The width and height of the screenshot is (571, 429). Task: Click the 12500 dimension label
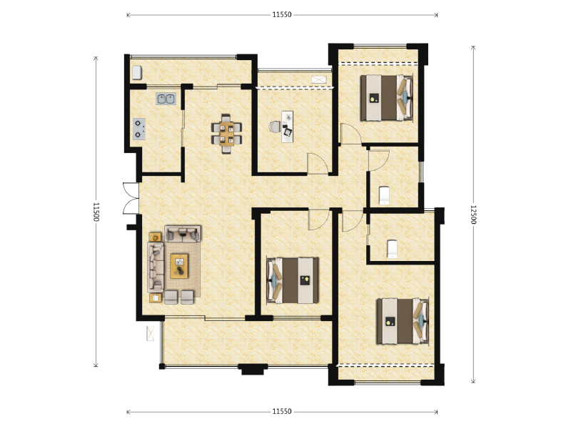473,214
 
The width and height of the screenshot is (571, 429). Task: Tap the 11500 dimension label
96,212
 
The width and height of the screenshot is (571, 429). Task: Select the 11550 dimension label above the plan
282,14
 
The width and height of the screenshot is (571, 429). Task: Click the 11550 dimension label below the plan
282,412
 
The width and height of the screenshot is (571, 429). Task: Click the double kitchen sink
166,99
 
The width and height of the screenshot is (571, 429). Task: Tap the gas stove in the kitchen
138,129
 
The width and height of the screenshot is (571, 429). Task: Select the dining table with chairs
226,134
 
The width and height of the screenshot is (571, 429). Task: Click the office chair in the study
275,127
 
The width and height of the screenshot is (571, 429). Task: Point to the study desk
287,127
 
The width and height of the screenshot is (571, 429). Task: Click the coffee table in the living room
179,266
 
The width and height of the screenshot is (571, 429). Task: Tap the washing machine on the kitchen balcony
136,73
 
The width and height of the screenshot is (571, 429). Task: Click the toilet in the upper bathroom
384,195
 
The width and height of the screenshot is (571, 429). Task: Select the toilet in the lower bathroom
392,249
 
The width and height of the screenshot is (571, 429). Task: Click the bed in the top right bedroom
386,98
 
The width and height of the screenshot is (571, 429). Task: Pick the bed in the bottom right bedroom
403,321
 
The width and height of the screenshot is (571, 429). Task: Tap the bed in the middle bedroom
293,280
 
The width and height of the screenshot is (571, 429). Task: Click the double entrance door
131,198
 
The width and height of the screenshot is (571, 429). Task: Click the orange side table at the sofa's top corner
155,237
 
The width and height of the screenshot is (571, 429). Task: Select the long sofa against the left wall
156,267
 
